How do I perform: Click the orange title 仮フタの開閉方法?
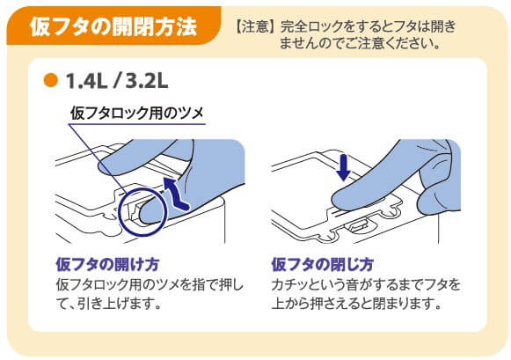point(113,26)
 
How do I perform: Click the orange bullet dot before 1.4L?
point(50,80)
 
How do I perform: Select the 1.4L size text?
point(86,81)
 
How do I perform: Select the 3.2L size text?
point(147,81)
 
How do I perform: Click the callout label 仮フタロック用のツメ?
point(137,114)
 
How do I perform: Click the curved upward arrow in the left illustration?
point(175,194)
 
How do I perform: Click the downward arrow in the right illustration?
point(344,167)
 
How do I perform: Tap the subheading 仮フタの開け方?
point(107,264)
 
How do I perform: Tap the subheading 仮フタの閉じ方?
point(322,264)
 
